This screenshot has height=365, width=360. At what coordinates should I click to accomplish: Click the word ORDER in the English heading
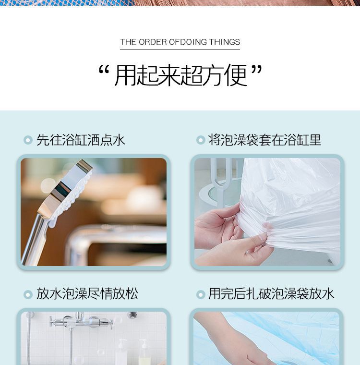153,42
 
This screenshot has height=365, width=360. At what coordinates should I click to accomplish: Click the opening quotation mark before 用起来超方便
104,70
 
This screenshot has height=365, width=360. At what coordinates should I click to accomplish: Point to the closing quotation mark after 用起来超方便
257,70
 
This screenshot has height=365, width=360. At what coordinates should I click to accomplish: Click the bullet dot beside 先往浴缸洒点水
28,140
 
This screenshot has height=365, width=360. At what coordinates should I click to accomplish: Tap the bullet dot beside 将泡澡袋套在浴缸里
201,140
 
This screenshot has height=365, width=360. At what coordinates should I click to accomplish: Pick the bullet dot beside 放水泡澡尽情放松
28,294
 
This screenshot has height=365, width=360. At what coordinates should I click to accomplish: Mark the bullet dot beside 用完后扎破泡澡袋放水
201,294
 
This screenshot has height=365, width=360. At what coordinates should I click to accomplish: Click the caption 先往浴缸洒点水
81,140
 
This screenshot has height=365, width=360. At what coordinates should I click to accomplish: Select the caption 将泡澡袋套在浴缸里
264,140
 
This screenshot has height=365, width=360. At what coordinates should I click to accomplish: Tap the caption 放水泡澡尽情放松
87,293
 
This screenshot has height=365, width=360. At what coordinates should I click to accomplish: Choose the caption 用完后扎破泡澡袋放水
271,293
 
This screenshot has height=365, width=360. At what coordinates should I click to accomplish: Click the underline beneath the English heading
180,49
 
